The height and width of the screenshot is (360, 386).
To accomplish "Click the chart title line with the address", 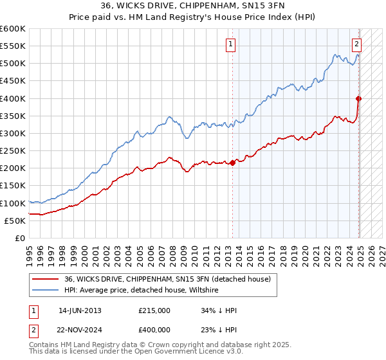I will point(193,5).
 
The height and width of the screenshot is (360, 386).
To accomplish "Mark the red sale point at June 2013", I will point(232,163).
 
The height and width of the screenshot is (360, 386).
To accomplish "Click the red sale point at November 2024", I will point(358,98).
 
